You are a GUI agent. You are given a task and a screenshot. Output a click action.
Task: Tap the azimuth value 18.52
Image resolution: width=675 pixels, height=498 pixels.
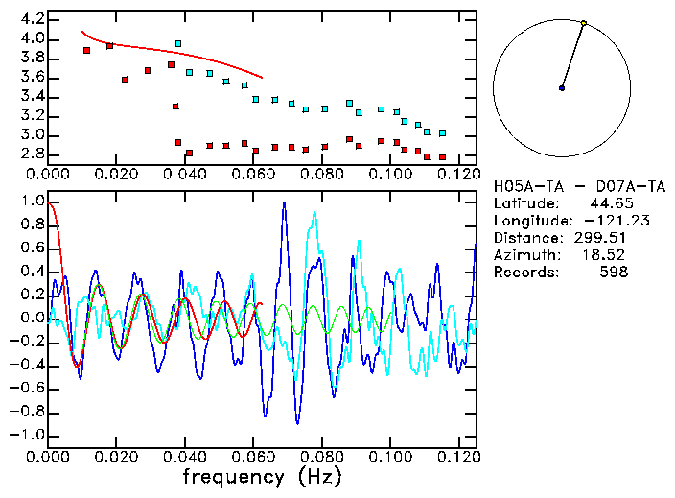pos(608,255)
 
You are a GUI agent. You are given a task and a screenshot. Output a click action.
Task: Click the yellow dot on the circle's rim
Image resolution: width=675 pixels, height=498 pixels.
pos(584,23)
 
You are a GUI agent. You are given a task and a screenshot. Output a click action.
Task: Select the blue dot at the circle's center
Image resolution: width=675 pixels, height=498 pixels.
pos(562,88)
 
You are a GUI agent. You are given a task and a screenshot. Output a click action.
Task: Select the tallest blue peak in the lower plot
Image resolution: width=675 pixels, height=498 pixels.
pos(283,203)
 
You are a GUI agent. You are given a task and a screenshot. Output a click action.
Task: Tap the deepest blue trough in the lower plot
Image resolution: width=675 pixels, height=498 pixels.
pos(298,422)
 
